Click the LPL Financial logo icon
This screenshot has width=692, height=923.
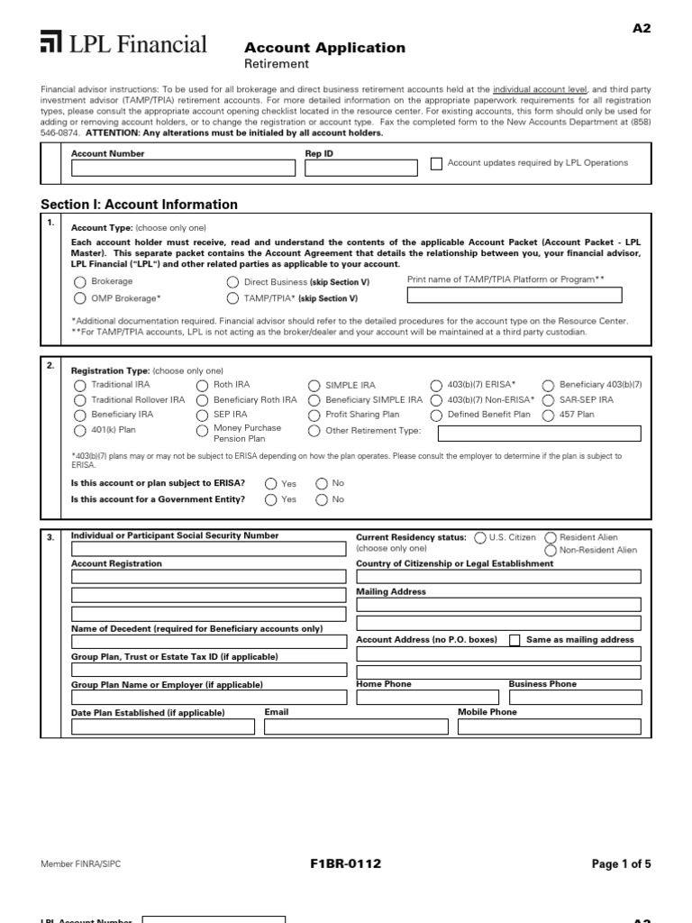click(51, 42)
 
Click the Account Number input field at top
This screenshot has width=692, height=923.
click(183, 168)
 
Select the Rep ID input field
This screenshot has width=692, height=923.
click(360, 168)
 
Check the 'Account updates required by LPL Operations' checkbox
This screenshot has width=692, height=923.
click(437, 163)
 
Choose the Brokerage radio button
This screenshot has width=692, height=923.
click(78, 282)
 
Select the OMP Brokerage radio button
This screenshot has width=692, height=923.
click(78, 298)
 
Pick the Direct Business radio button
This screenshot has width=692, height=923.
click(233, 282)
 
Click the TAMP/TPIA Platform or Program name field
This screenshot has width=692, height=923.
click(514, 295)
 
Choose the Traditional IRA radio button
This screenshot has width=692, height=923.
click(79, 385)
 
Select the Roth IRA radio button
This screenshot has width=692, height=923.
click(202, 385)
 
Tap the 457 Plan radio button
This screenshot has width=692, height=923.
click(549, 415)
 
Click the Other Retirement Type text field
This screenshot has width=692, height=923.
click(539, 434)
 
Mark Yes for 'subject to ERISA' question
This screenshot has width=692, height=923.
click(271, 483)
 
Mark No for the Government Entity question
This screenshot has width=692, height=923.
click(322, 499)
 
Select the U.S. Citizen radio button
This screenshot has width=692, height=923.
click(479, 537)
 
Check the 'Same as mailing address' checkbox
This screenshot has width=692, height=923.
click(514, 640)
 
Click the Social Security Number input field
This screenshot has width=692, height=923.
click(208, 549)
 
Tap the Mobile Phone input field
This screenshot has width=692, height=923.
click(549, 727)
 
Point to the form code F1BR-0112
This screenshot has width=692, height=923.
click(345, 864)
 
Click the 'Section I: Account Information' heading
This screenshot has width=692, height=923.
click(140, 205)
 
